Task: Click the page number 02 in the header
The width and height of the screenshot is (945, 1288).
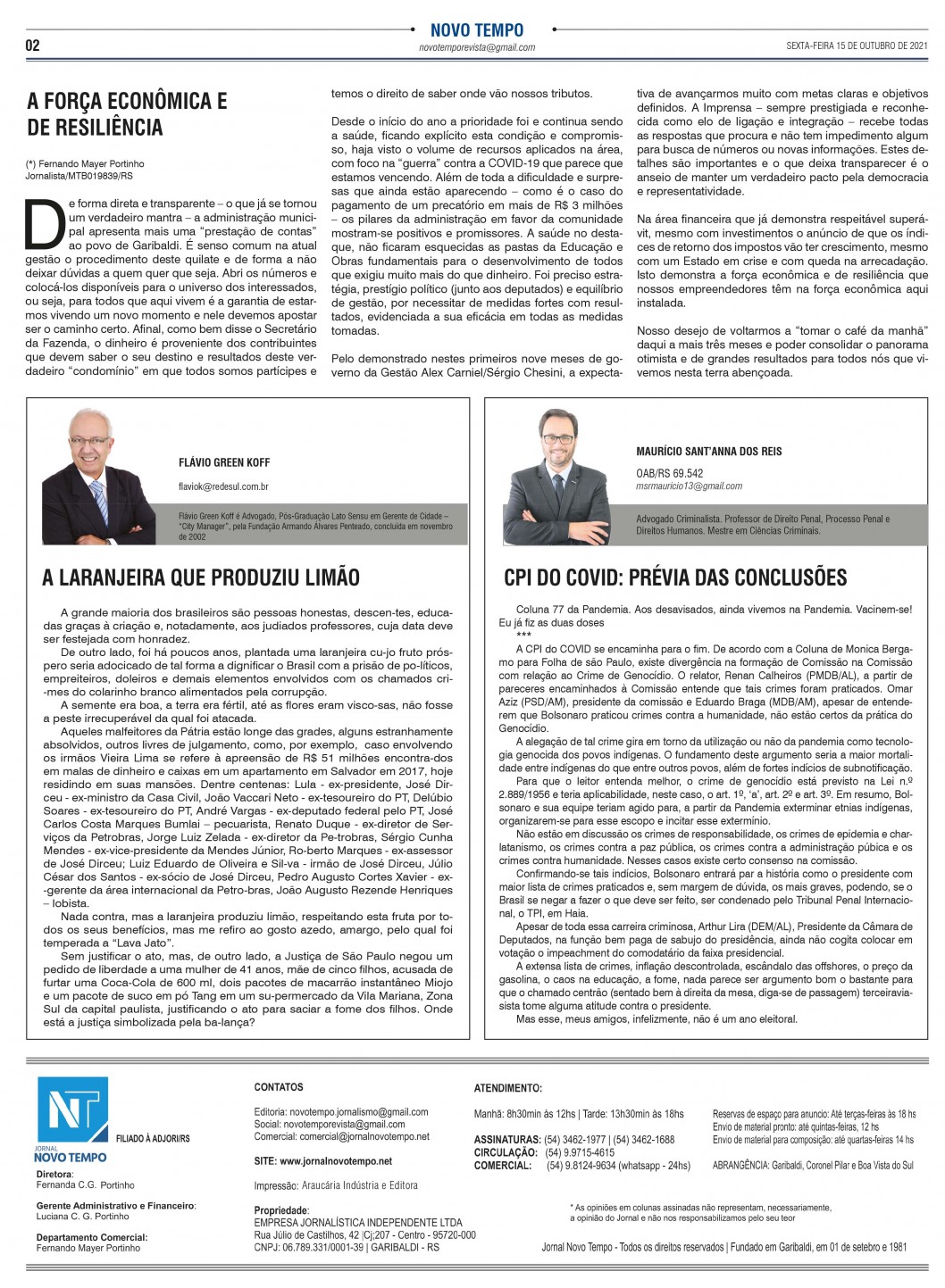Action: [32, 46]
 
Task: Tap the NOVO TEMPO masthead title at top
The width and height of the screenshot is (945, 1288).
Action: [476, 30]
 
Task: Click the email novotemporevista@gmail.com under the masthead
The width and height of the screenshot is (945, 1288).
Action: [477, 48]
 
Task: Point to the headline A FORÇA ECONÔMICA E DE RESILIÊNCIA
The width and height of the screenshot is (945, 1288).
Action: [127, 113]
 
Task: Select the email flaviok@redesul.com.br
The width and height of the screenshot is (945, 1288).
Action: [223, 486]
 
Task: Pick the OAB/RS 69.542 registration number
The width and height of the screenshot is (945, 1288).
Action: [669, 474]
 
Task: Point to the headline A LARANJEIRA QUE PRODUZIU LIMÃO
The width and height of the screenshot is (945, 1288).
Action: [201, 578]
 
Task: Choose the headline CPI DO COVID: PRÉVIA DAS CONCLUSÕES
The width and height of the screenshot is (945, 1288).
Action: [675, 578]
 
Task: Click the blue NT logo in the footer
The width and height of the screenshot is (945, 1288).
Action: [71, 1110]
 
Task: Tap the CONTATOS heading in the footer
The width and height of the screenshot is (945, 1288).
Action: [279, 1087]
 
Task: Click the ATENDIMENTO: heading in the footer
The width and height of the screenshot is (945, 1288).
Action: [507, 1088]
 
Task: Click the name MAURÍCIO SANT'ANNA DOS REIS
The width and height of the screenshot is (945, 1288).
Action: [708, 452]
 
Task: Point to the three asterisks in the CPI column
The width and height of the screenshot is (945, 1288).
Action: [523, 635]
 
